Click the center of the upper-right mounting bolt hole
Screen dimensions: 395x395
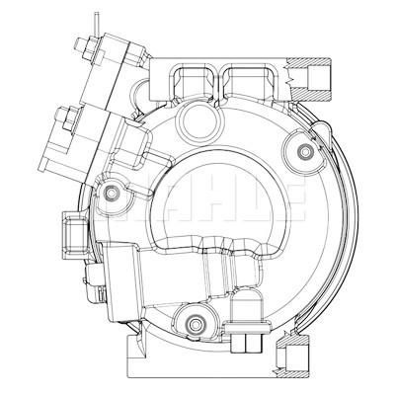305,151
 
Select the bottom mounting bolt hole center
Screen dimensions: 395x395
194,324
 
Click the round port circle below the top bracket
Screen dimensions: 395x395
197,119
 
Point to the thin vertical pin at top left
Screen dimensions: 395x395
96,24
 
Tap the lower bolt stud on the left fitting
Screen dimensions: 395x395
67,118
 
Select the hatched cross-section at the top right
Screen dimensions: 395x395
309,79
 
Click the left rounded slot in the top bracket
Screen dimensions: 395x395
195,81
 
